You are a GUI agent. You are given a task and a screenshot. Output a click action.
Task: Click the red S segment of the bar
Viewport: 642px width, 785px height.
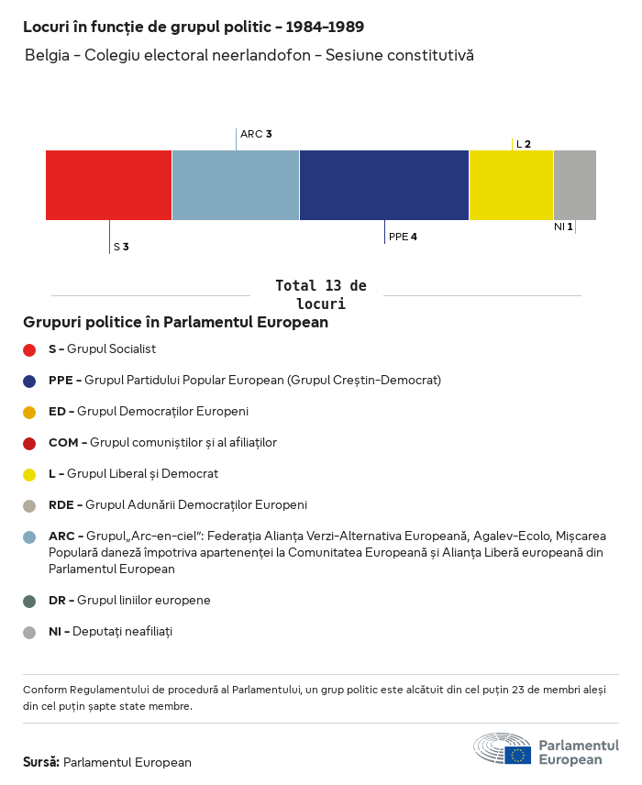[x=108, y=185]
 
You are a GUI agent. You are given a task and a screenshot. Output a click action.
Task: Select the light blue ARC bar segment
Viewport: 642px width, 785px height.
[x=235, y=185]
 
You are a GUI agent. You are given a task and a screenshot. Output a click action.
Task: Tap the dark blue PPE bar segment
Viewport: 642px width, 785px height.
[x=383, y=185]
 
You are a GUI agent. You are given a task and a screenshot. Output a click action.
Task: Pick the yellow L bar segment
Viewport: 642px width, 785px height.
[x=511, y=185]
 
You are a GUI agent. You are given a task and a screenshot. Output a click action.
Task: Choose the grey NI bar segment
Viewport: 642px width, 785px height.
[x=574, y=185]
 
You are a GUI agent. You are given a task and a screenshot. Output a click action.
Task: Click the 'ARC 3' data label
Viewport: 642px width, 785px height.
[x=256, y=134]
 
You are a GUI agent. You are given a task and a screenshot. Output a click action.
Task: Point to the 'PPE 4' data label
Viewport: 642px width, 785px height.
[x=403, y=237]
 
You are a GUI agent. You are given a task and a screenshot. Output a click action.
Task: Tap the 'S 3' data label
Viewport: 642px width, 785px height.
[x=121, y=247]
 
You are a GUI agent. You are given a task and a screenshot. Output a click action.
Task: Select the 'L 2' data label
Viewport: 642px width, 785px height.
[x=524, y=144]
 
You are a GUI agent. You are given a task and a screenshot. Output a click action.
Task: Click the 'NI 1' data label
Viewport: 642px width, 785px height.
[x=563, y=227]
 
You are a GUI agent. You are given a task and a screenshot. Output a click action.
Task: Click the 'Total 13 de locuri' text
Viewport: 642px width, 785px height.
[x=320, y=294]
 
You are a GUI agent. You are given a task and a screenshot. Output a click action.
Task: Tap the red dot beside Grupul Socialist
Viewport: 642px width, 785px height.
[x=29, y=349]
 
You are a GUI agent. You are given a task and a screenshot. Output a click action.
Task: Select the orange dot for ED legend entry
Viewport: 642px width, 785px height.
[x=29, y=412]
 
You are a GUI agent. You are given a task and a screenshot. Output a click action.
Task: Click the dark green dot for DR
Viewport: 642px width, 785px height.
[x=29, y=601]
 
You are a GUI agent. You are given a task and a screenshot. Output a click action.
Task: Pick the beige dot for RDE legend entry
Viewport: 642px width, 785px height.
[x=29, y=505]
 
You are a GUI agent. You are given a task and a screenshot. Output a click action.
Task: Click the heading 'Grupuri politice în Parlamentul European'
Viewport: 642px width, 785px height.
[x=175, y=323]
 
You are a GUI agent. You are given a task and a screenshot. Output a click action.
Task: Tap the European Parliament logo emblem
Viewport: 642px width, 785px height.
[x=502, y=748]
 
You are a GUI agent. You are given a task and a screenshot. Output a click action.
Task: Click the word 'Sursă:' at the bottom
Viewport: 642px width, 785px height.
[x=41, y=762]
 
